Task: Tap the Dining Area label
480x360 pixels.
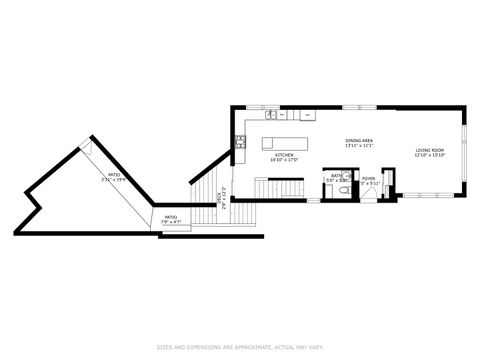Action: click(359, 141)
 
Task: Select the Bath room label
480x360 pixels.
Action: click(338, 175)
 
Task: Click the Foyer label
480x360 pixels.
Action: click(369, 178)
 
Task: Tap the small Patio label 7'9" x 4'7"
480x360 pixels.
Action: click(171, 216)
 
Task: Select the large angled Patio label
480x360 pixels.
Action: click(116, 176)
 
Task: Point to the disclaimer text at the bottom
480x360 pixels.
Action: click(240, 347)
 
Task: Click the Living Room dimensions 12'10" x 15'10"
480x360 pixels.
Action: click(431, 156)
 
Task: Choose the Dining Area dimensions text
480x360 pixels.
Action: click(359, 146)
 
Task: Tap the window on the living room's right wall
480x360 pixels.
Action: click(464, 150)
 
